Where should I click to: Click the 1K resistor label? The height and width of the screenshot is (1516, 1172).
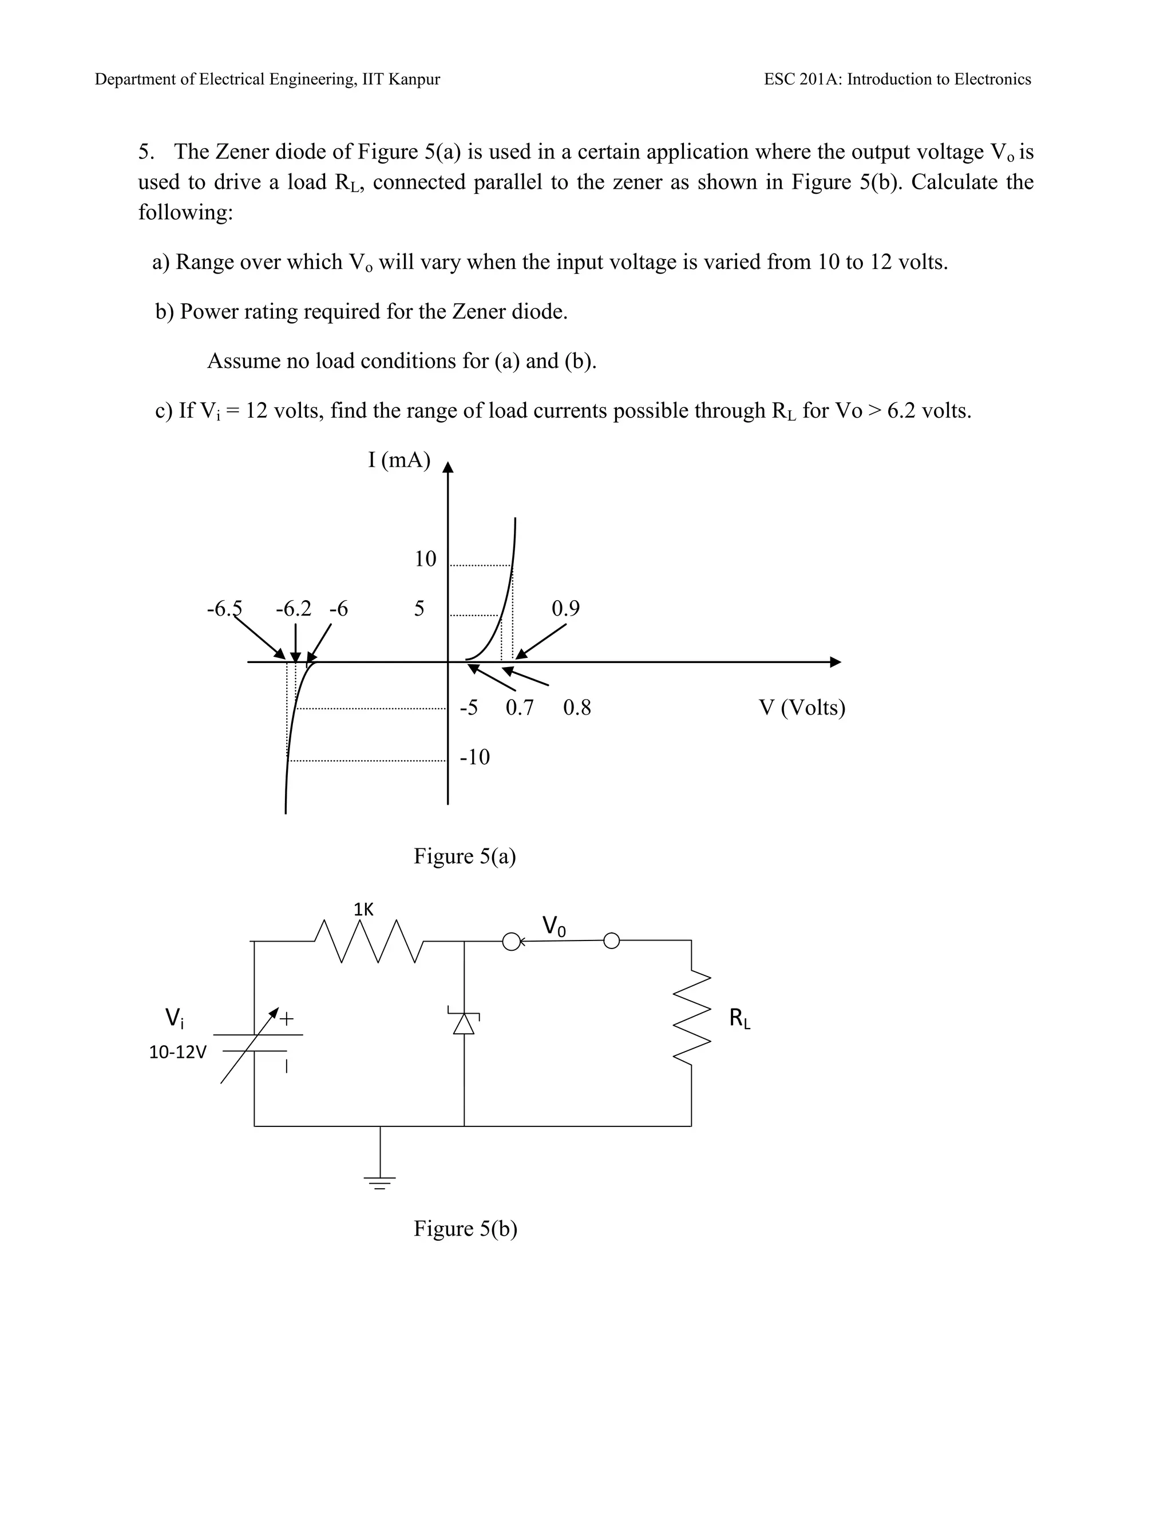pyautogui.click(x=363, y=910)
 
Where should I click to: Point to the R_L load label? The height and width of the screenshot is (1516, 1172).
pyautogui.click(x=739, y=1019)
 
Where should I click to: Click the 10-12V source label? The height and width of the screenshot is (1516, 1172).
pyautogui.click(x=178, y=1052)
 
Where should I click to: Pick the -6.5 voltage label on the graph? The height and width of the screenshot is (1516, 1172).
pyautogui.click(x=224, y=609)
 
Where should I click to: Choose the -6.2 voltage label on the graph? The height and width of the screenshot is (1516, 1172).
pyautogui.click(x=294, y=609)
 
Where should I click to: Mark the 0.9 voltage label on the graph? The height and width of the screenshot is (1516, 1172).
pyautogui.click(x=565, y=609)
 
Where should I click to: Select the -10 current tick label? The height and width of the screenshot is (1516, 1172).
pyautogui.click(x=475, y=757)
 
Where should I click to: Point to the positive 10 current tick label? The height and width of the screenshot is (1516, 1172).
pyautogui.click(x=425, y=559)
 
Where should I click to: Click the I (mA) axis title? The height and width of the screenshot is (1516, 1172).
pyautogui.click(x=399, y=459)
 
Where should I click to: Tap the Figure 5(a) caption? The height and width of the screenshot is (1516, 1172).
pyautogui.click(x=465, y=856)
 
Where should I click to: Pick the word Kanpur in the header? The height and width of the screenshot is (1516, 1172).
pyautogui.click(x=414, y=79)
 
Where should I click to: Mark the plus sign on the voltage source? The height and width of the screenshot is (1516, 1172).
pyautogui.click(x=287, y=1019)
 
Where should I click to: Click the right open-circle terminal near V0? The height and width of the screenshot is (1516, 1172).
pyautogui.click(x=611, y=941)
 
